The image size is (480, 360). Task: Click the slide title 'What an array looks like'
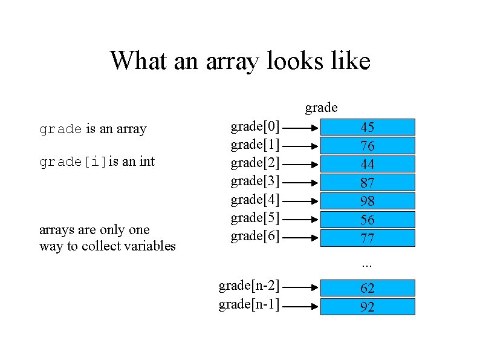239,61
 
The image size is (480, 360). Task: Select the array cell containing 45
367,127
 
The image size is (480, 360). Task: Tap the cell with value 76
367,146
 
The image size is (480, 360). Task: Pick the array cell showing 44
367,164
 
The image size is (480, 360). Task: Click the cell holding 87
367,182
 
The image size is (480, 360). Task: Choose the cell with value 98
367,201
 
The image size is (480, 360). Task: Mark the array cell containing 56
367,219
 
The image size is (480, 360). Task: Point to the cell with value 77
367,238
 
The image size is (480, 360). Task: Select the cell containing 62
367,288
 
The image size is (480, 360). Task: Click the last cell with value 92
367,307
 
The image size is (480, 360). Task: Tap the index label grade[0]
255,126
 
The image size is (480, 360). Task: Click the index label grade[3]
255,181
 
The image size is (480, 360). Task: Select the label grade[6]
255,236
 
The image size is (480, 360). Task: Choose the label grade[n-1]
248,304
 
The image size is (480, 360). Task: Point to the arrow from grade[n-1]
299,307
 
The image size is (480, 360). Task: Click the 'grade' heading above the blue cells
321,108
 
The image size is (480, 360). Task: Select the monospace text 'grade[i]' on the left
73,162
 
